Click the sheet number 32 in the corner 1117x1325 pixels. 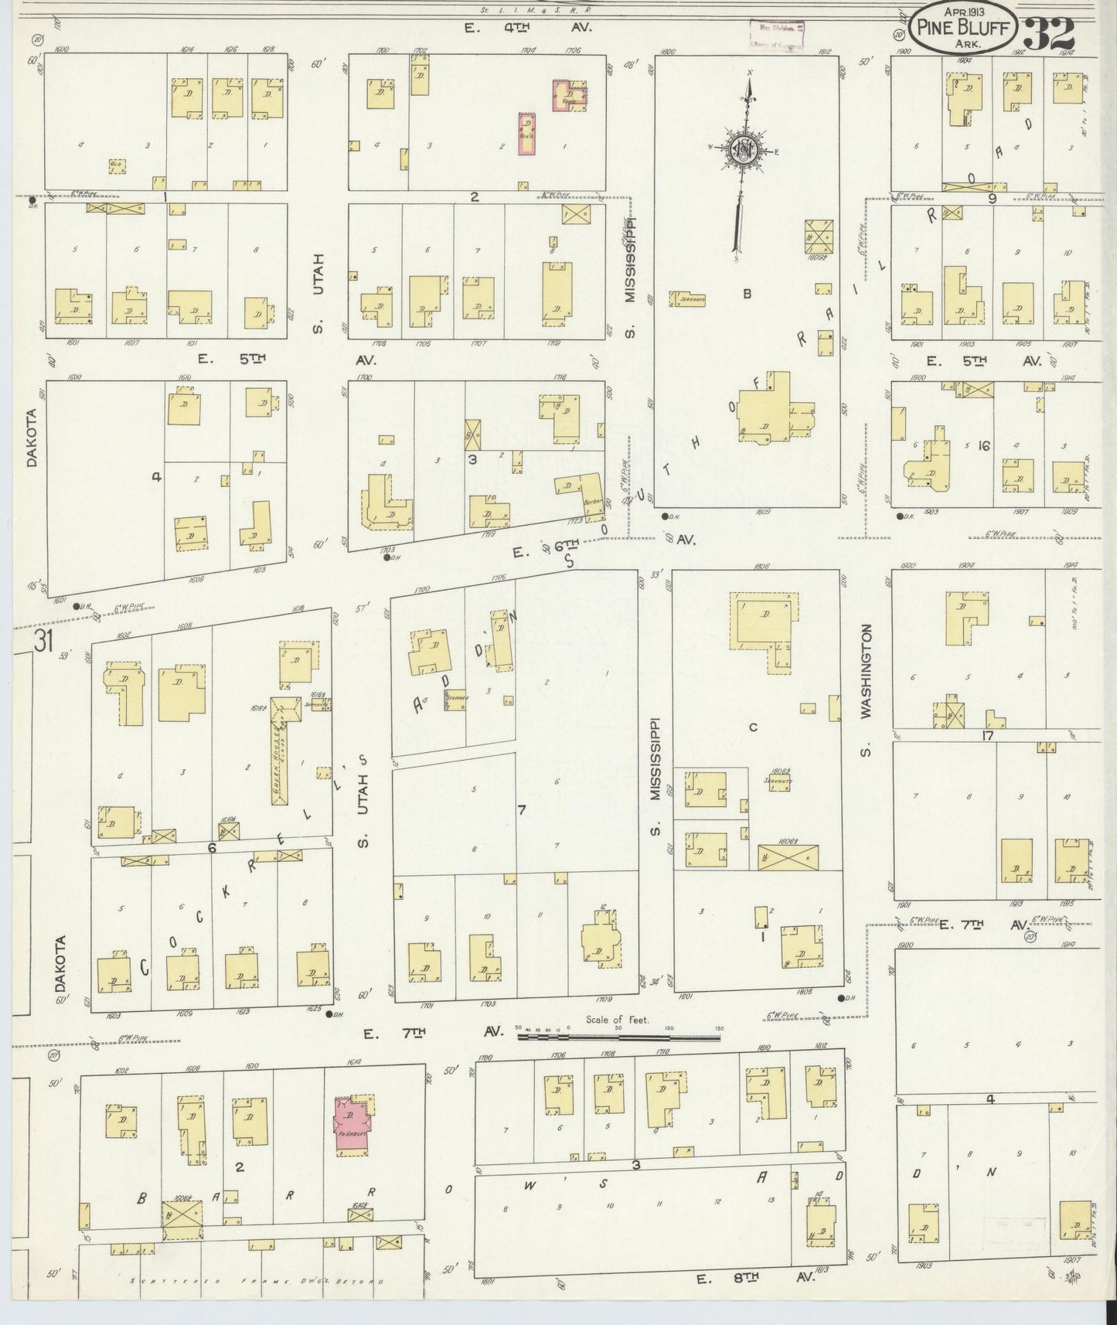(1051, 32)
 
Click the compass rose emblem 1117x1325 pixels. (743, 151)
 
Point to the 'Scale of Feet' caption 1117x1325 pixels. (618, 1020)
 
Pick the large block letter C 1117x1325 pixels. (752, 727)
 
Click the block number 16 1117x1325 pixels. (983, 446)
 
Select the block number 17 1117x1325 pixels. (987, 735)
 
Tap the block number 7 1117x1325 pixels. (522, 809)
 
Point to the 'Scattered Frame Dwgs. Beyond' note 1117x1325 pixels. (259, 1281)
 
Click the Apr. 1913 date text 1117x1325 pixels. (960, 13)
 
